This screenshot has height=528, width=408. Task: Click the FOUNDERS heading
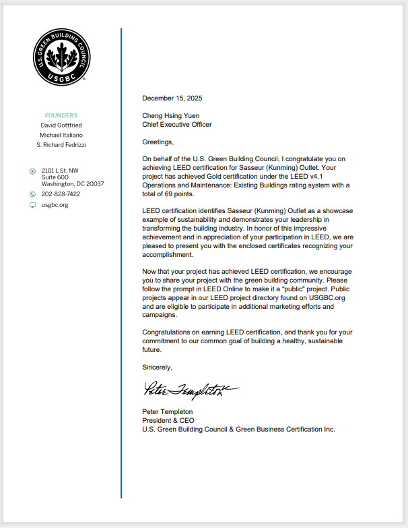click(61, 115)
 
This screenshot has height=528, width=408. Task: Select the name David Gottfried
click(61, 125)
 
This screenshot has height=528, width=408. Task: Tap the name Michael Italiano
click(61, 135)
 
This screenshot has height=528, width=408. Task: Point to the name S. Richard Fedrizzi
click(61, 145)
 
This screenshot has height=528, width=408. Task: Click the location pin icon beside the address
click(32, 171)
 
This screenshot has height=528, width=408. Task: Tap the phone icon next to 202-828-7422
click(32, 194)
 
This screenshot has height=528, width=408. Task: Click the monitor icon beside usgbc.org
click(32, 205)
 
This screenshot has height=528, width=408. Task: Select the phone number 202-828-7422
click(61, 194)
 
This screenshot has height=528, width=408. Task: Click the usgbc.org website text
click(55, 205)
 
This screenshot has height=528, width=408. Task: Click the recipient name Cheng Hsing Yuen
click(170, 116)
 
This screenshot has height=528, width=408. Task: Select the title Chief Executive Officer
click(176, 125)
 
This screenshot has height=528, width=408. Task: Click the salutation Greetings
click(158, 142)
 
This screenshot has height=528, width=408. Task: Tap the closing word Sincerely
click(157, 368)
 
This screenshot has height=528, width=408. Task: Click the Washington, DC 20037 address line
click(73, 183)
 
